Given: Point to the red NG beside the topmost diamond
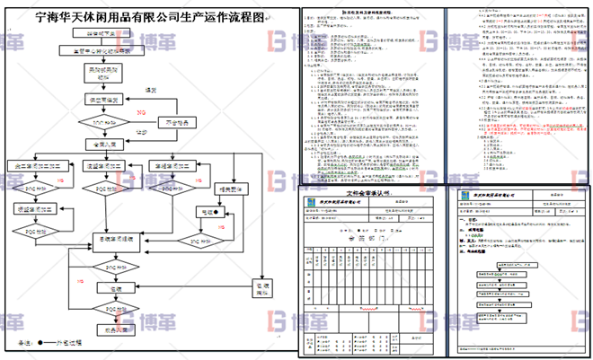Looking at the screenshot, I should pos(142,112).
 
